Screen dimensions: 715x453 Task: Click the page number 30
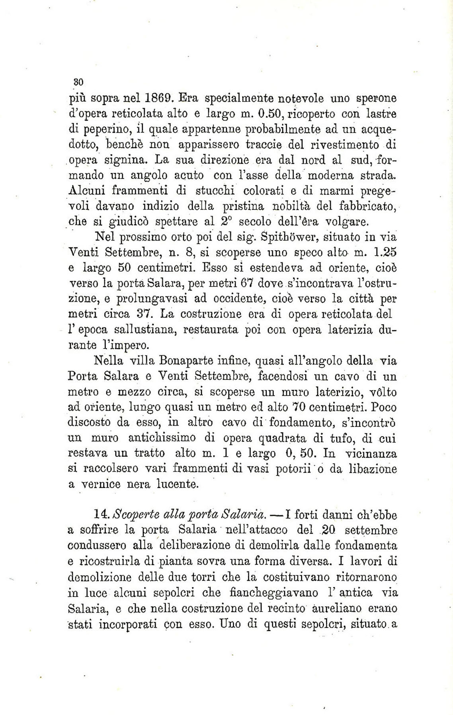(78, 82)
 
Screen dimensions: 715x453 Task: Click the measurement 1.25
(383, 252)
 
